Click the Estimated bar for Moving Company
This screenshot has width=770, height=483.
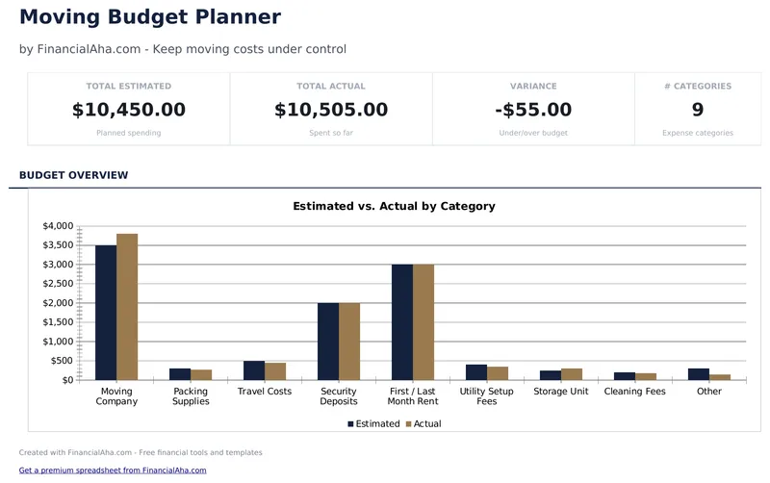pyautogui.click(x=106, y=312)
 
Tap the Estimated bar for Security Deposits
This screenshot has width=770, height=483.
pyautogui.click(x=328, y=341)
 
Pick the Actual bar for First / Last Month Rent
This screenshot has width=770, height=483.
pyautogui.click(x=423, y=321)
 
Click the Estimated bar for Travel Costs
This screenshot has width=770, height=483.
pyautogui.click(x=254, y=370)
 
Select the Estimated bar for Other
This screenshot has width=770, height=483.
pyautogui.click(x=698, y=374)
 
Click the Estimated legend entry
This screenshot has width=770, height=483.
pyautogui.click(x=373, y=423)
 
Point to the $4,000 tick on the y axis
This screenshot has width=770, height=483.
pyautogui.click(x=58, y=226)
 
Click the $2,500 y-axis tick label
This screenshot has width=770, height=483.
pyautogui.click(x=58, y=284)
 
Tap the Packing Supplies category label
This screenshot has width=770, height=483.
pyautogui.click(x=191, y=396)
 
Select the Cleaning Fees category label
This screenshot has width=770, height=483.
pyautogui.click(x=635, y=392)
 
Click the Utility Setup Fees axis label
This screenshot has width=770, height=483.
pyautogui.click(x=487, y=396)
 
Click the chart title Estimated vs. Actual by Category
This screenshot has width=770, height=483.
pyautogui.click(x=394, y=206)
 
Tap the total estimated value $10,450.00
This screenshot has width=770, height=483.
pyautogui.click(x=129, y=110)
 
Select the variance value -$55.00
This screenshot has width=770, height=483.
pyautogui.click(x=533, y=110)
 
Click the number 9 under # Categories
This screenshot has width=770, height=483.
pyautogui.click(x=698, y=110)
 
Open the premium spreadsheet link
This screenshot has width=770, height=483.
pyautogui.click(x=113, y=470)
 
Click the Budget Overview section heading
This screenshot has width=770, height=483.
pyautogui.click(x=73, y=175)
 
